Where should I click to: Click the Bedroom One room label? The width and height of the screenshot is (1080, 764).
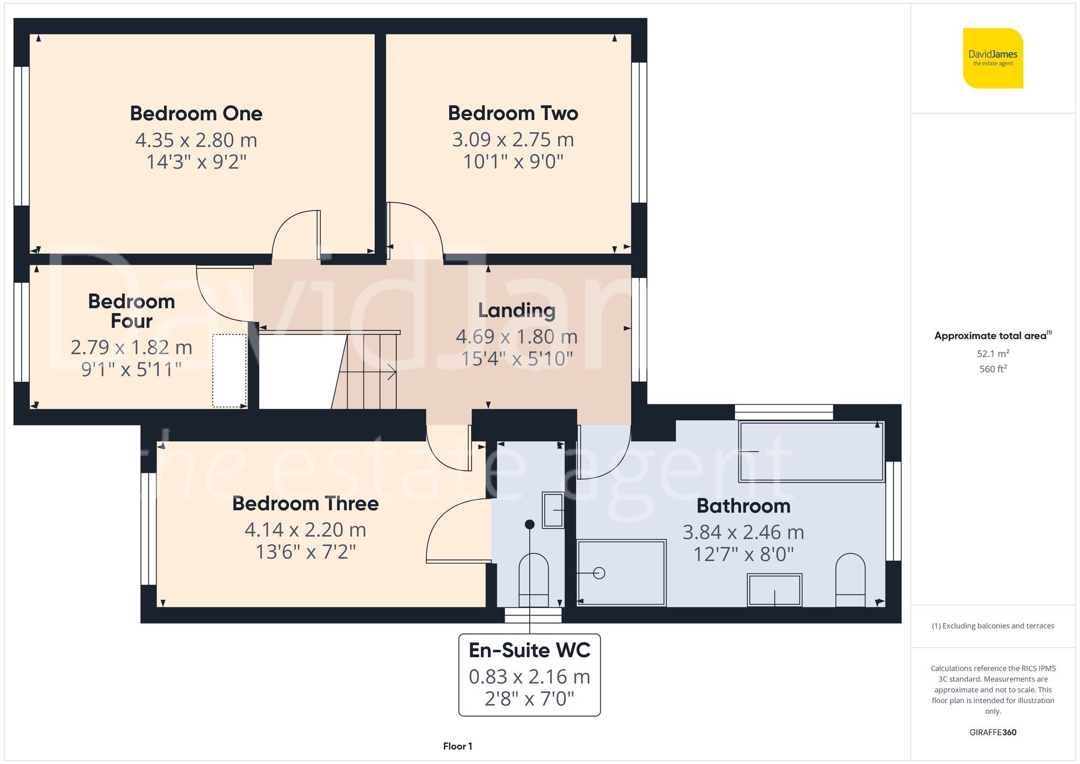(x=196, y=113)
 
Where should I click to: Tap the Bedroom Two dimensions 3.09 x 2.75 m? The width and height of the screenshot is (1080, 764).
(x=512, y=140)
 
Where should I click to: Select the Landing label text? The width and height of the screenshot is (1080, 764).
(x=516, y=310)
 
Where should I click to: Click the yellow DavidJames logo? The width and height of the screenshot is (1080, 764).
(x=993, y=58)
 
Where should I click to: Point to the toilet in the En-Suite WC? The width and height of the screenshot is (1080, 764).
(x=533, y=580)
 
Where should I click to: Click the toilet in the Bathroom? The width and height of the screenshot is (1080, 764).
(x=850, y=580)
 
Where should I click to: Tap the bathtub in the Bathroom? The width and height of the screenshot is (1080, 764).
(x=811, y=452)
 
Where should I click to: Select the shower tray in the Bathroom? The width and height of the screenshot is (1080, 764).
(x=621, y=573)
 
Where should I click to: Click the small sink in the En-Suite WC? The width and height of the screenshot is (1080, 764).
(x=553, y=510)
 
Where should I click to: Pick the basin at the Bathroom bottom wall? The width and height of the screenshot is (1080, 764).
(x=774, y=590)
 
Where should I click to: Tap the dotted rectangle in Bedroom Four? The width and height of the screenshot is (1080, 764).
(x=230, y=370)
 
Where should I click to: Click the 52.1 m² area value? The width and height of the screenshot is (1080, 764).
(x=993, y=354)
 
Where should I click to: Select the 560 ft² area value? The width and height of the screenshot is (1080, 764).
(x=993, y=369)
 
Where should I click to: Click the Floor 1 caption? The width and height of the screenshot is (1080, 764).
(x=457, y=746)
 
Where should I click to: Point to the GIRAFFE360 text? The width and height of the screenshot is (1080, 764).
(x=993, y=732)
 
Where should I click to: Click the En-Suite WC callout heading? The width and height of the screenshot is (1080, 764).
(x=529, y=650)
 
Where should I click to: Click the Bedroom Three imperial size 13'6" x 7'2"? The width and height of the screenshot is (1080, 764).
(x=306, y=552)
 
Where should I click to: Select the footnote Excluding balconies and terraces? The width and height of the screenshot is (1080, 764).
(x=993, y=626)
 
